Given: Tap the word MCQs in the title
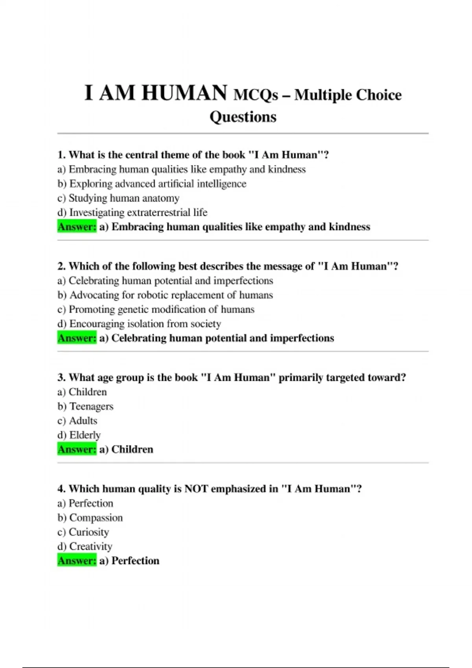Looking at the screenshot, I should pyautogui.click(x=256, y=95).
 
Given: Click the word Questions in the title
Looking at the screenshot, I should pyautogui.click(x=243, y=117).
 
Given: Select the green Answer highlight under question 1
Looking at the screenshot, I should pyautogui.click(x=77, y=227).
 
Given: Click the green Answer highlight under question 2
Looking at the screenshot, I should pyautogui.click(x=77, y=338).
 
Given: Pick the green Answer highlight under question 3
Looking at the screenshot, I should pyautogui.click(x=77, y=449).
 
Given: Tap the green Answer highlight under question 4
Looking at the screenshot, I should pyautogui.click(x=77, y=560).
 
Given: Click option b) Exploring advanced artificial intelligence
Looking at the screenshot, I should pyautogui.click(x=152, y=184).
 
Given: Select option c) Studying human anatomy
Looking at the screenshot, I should pyautogui.click(x=118, y=198).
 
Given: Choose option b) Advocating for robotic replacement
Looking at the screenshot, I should pyautogui.click(x=165, y=295).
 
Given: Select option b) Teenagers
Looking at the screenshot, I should pyautogui.click(x=85, y=406).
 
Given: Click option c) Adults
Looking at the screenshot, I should pyautogui.click(x=77, y=421).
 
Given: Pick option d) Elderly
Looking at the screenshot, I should pyautogui.click(x=79, y=435).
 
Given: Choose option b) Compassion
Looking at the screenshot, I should pyautogui.click(x=90, y=518).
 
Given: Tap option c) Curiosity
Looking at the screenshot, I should pyautogui.click(x=83, y=532).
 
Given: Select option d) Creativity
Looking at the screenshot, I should pyautogui.click(x=85, y=546).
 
